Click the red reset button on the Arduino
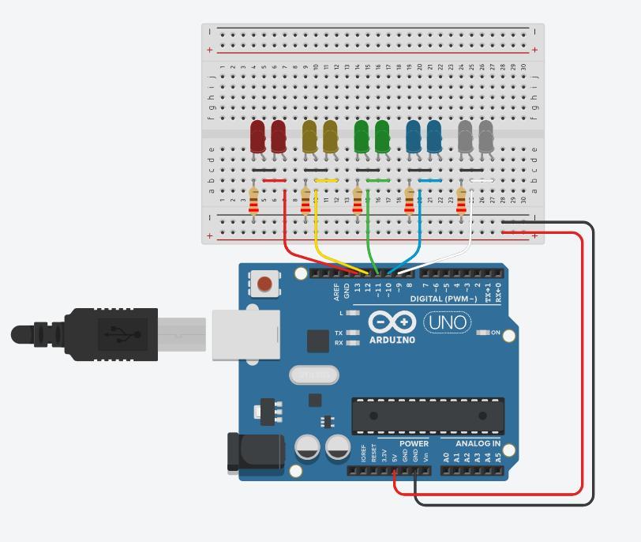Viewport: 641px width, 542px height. [x=265, y=284]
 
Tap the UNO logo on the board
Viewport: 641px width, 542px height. [x=447, y=322]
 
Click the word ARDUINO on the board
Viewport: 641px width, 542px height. [x=392, y=340]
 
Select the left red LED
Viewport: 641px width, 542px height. [x=257, y=137]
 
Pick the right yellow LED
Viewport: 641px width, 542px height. [x=330, y=137]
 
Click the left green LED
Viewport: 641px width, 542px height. [x=362, y=137]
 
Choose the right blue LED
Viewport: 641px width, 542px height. [x=434, y=137]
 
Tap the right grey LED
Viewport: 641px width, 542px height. [x=485, y=137]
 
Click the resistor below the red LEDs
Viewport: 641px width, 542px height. [x=253, y=201]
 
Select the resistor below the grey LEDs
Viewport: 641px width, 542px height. [x=462, y=201]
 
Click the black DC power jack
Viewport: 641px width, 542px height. [x=256, y=453]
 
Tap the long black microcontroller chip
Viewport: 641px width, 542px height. [x=428, y=416]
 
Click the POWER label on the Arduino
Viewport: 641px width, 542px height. [x=414, y=443]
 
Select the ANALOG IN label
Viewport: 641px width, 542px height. [x=478, y=443]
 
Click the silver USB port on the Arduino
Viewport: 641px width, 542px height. [x=246, y=334]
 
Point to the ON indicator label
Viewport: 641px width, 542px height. [x=496, y=333]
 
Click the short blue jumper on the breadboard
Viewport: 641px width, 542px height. [x=430, y=181]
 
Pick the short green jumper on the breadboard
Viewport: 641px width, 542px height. [x=378, y=181]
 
